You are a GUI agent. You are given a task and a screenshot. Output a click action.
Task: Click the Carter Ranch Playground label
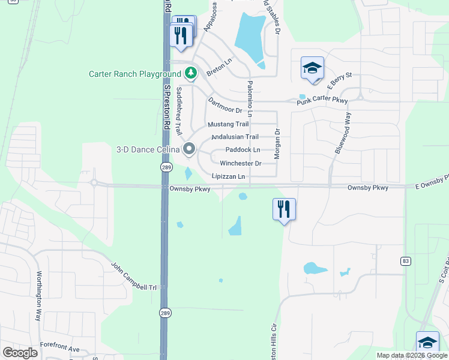135,74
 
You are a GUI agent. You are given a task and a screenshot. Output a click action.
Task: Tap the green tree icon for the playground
191,73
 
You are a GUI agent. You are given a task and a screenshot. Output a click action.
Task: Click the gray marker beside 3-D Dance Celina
190,148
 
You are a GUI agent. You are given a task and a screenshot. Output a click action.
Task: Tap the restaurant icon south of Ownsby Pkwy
284,209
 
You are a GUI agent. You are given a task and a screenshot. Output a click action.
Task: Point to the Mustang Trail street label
228,124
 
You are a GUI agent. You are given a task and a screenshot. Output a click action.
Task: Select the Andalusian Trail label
235,137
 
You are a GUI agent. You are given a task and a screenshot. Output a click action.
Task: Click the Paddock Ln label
243,149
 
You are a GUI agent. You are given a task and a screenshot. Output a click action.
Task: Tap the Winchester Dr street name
240,163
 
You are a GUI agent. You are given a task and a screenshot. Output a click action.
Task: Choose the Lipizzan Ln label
228,176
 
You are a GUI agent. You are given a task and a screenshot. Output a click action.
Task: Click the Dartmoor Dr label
224,106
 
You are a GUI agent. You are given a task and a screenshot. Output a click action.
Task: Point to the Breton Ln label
219,67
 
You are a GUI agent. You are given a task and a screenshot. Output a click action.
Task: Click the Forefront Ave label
59,348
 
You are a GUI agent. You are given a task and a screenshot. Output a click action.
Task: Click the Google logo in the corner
20,352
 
